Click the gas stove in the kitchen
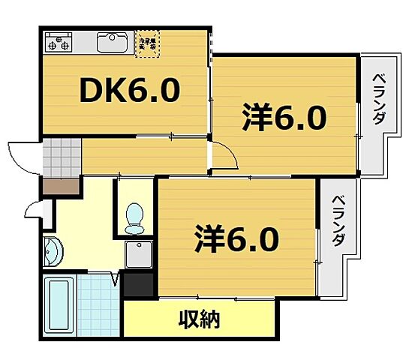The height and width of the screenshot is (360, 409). pyautogui.click(x=57, y=42)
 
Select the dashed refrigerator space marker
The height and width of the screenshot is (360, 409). pyautogui.click(x=146, y=41)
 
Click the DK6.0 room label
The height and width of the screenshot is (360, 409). pyautogui.click(x=129, y=91)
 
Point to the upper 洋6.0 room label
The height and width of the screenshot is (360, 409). pyautogui.click(x=284, y=118)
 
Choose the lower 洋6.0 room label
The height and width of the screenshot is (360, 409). pyautogui.click(x=237, y=238)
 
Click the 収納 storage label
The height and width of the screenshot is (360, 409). pyautogui.click(x=199, y=320)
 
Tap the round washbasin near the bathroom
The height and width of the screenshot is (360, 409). pyautogui.click(x=53, y=253)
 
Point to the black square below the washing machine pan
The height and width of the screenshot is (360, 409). pyautogui.click(x=139, y=284)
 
